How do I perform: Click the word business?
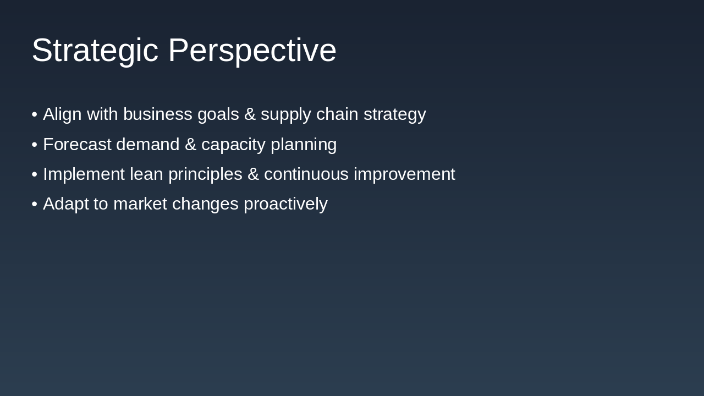157,114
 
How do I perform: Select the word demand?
148,145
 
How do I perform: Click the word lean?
146,174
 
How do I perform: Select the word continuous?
306,174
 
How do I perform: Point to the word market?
140,204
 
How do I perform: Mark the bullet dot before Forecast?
35,145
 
